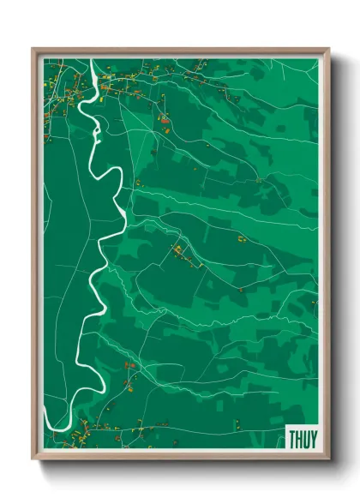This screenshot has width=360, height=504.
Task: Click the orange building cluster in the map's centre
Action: tap(178, 251)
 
